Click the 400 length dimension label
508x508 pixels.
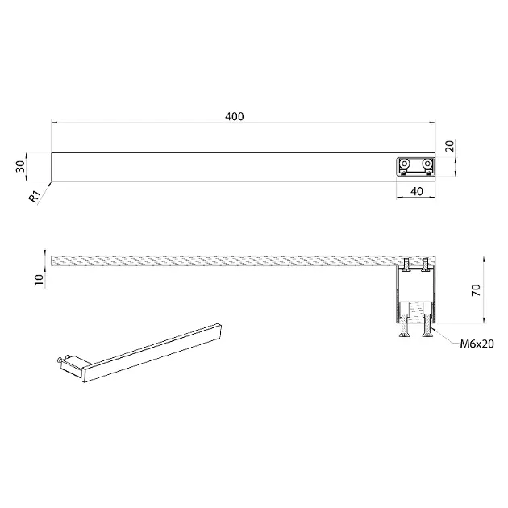(x=234, y=116)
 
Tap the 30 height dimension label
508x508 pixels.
(x=20, y=167)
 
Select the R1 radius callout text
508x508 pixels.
(x=35, y=196)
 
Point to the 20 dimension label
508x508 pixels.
(x=450, y=147)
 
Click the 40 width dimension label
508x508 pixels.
(x=416, y=191)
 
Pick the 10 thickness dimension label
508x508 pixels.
(x=39, y=279)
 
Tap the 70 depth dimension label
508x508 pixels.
(x=476, y=289)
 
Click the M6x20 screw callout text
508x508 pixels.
(x=477, y=344)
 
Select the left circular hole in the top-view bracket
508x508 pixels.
(x=404, y=163)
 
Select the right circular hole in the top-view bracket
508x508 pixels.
(x=427, y=163)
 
